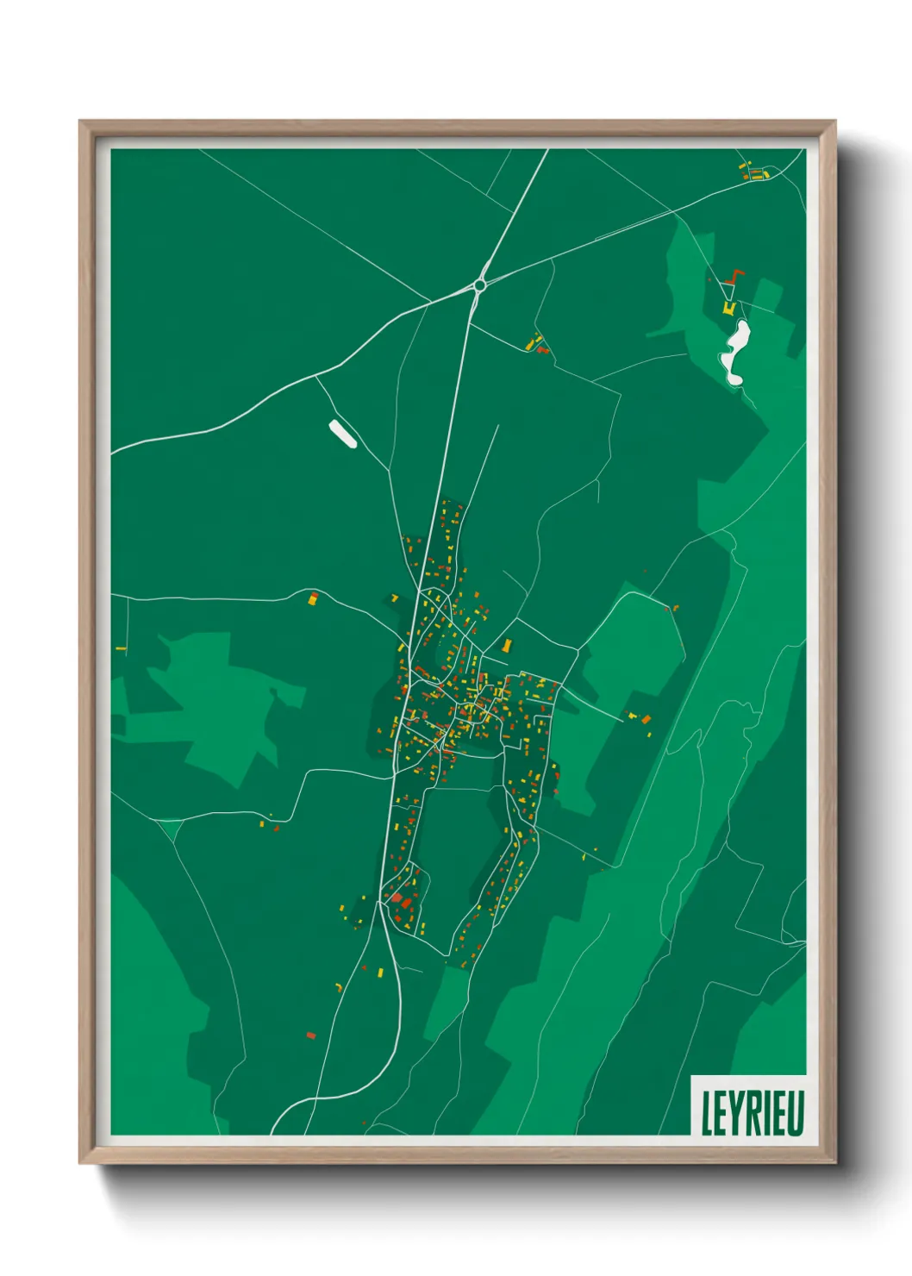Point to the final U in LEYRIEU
coord(796,1113)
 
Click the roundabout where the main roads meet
coord(479,285)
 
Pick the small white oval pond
coord(342,434)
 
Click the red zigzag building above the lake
coord(734,276)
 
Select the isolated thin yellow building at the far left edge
coord(121,647)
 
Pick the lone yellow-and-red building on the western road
coord(314,597)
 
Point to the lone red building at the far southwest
coord(311,1035)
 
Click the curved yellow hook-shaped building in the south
coord(339,986)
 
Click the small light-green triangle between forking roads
coord(172,829)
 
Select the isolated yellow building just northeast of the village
coord(507,644)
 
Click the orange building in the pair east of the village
coord(647,718)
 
